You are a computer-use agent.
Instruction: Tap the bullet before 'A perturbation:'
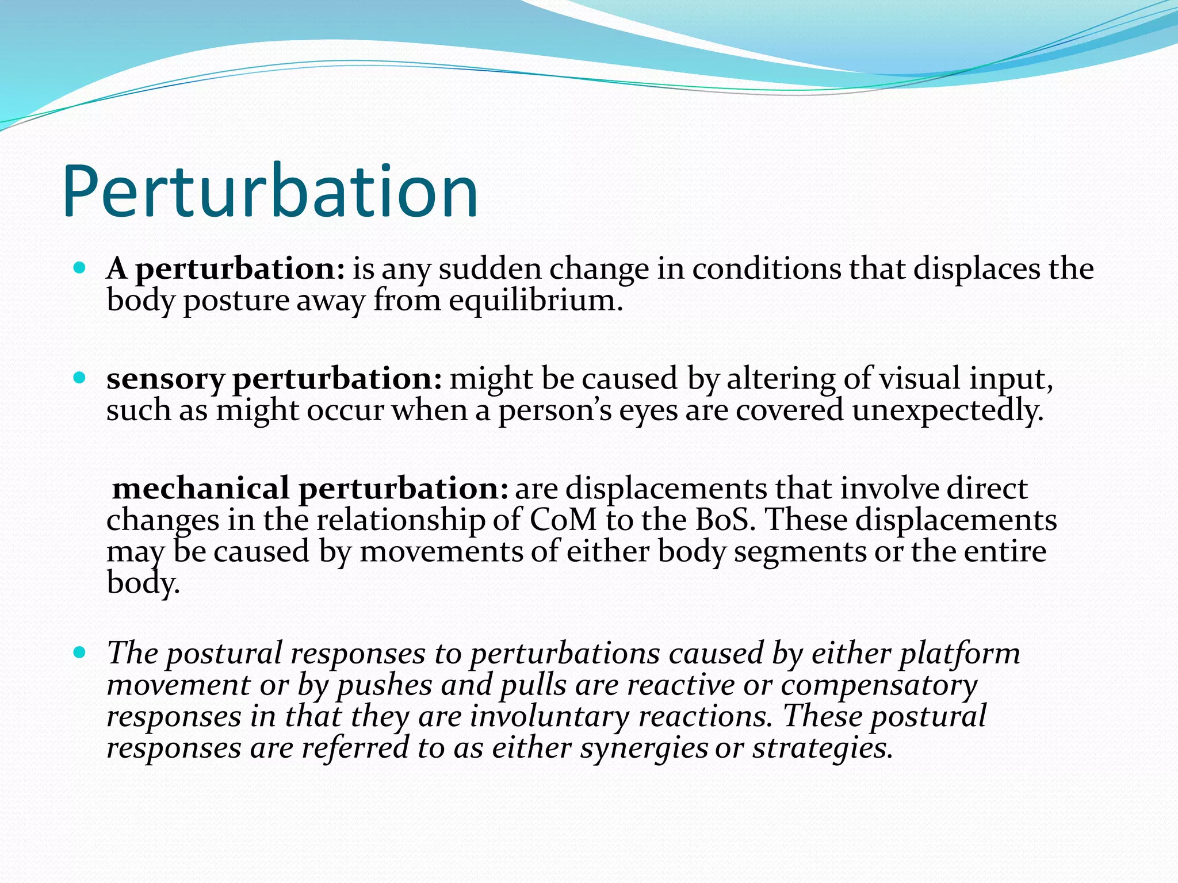click(80, 268)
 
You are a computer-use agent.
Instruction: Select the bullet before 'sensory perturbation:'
click(80, 378)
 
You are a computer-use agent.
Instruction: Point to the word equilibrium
click(536, 301)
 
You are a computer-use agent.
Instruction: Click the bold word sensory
click(165, 379)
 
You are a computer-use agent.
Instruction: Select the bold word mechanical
click(201, 489)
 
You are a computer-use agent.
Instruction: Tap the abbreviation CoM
click(563, 520)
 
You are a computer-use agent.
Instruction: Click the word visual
click(920, 379)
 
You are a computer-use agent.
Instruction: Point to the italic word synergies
click(644, 748)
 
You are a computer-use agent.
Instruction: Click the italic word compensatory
click(879, 686)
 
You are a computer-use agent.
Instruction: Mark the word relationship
click(401, 520)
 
